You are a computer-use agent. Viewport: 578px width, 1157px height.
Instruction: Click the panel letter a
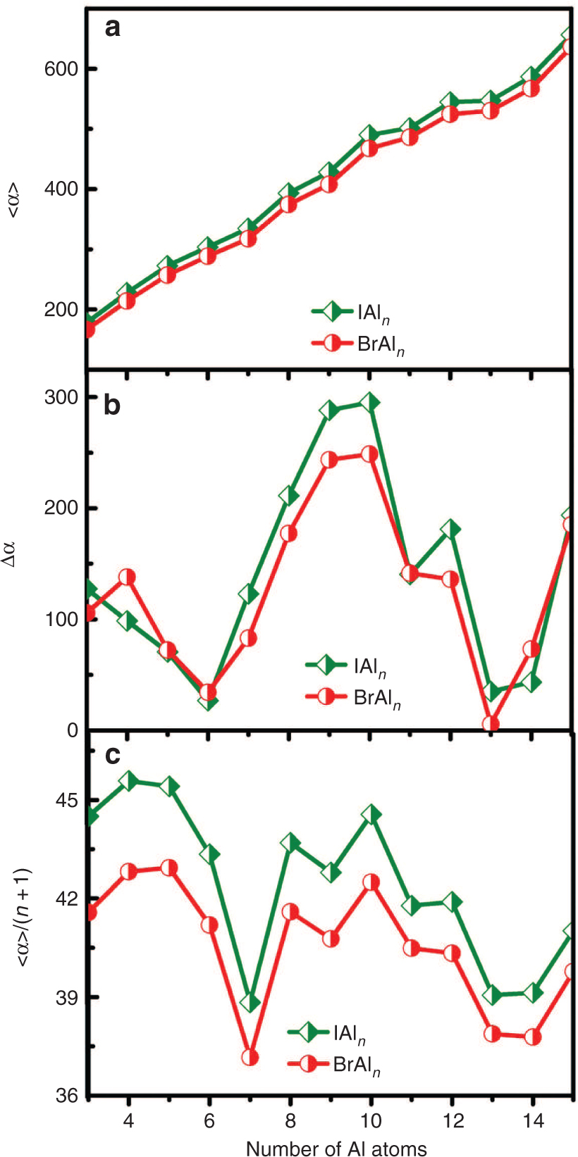[112, 28]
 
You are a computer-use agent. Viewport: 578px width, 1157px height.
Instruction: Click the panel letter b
[112, 406]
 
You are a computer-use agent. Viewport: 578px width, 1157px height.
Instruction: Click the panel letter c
[112, 755]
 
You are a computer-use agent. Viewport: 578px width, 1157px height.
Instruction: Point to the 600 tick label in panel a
[61, 69]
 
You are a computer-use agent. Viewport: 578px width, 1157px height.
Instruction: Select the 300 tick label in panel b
[61, 397]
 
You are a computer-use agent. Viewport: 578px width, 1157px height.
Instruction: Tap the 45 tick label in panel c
[68, 801]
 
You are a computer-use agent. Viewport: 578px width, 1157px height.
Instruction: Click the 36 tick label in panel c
[68, 1096]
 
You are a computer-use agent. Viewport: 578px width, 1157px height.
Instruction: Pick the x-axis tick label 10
[371, 1120]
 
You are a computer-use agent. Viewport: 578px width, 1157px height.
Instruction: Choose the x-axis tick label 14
[533, 1120]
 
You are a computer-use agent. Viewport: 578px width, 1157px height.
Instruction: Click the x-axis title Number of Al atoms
[336, 1149]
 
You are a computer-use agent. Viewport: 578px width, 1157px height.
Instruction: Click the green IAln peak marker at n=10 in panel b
[369, 402]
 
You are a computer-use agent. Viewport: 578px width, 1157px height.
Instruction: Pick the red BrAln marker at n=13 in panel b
[491, 723]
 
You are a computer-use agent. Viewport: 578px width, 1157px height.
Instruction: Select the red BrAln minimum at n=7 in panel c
[250, 1057]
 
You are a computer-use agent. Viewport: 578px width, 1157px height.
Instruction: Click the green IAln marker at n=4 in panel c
[128, 780]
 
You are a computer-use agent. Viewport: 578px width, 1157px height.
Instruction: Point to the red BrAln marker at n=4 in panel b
[128, 577]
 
